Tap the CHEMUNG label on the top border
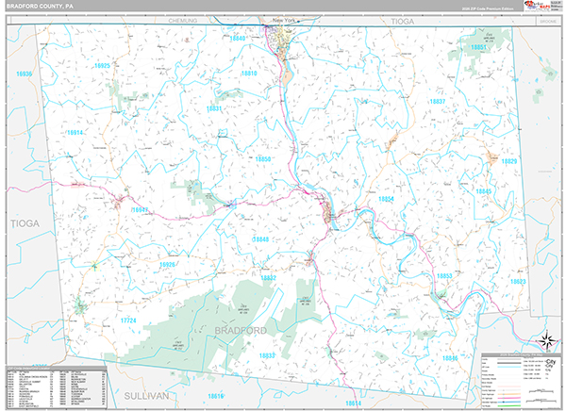point(183,19)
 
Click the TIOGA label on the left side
point(21,223)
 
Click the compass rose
point(544,340)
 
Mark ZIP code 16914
point(75,133)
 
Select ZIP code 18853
point(444,275)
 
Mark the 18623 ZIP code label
point(518,281)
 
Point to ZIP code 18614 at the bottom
point(353,403)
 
